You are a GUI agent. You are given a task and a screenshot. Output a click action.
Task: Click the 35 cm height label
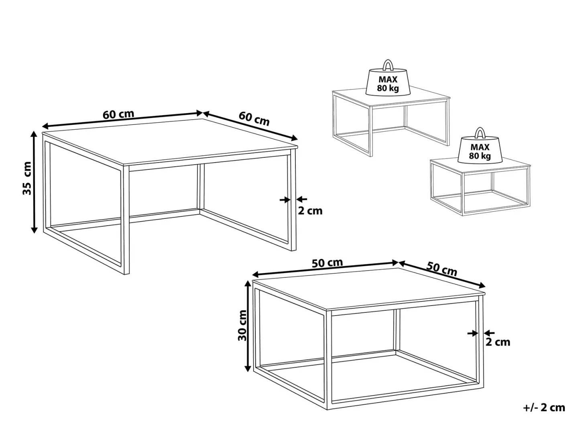[27, 178]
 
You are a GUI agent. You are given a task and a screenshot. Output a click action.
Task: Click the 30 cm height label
[242, 325]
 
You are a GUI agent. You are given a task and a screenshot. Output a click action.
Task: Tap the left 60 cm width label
[118, 114]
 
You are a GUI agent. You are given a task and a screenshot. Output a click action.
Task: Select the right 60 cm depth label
[254, 118]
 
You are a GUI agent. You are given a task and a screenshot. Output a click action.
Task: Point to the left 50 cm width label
[327, 263]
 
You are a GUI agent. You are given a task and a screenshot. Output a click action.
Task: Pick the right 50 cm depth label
[442, 269]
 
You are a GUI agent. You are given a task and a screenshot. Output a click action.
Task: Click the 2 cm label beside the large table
[310, 211]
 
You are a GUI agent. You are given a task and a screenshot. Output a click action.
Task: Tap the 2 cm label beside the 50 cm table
[498, 342]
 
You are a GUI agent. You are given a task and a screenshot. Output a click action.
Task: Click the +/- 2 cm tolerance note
[544, 408]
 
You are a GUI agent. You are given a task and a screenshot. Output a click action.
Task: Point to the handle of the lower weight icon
[480, 132]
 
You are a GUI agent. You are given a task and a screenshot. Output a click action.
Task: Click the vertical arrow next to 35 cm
[34, 182]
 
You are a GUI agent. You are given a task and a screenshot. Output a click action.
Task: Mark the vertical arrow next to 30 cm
[248, 327]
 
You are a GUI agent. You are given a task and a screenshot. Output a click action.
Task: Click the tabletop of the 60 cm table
[170, 142]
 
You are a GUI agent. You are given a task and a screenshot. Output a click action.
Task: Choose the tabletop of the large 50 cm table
[369, 289]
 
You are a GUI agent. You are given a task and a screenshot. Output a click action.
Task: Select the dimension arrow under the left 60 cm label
[122, 119]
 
